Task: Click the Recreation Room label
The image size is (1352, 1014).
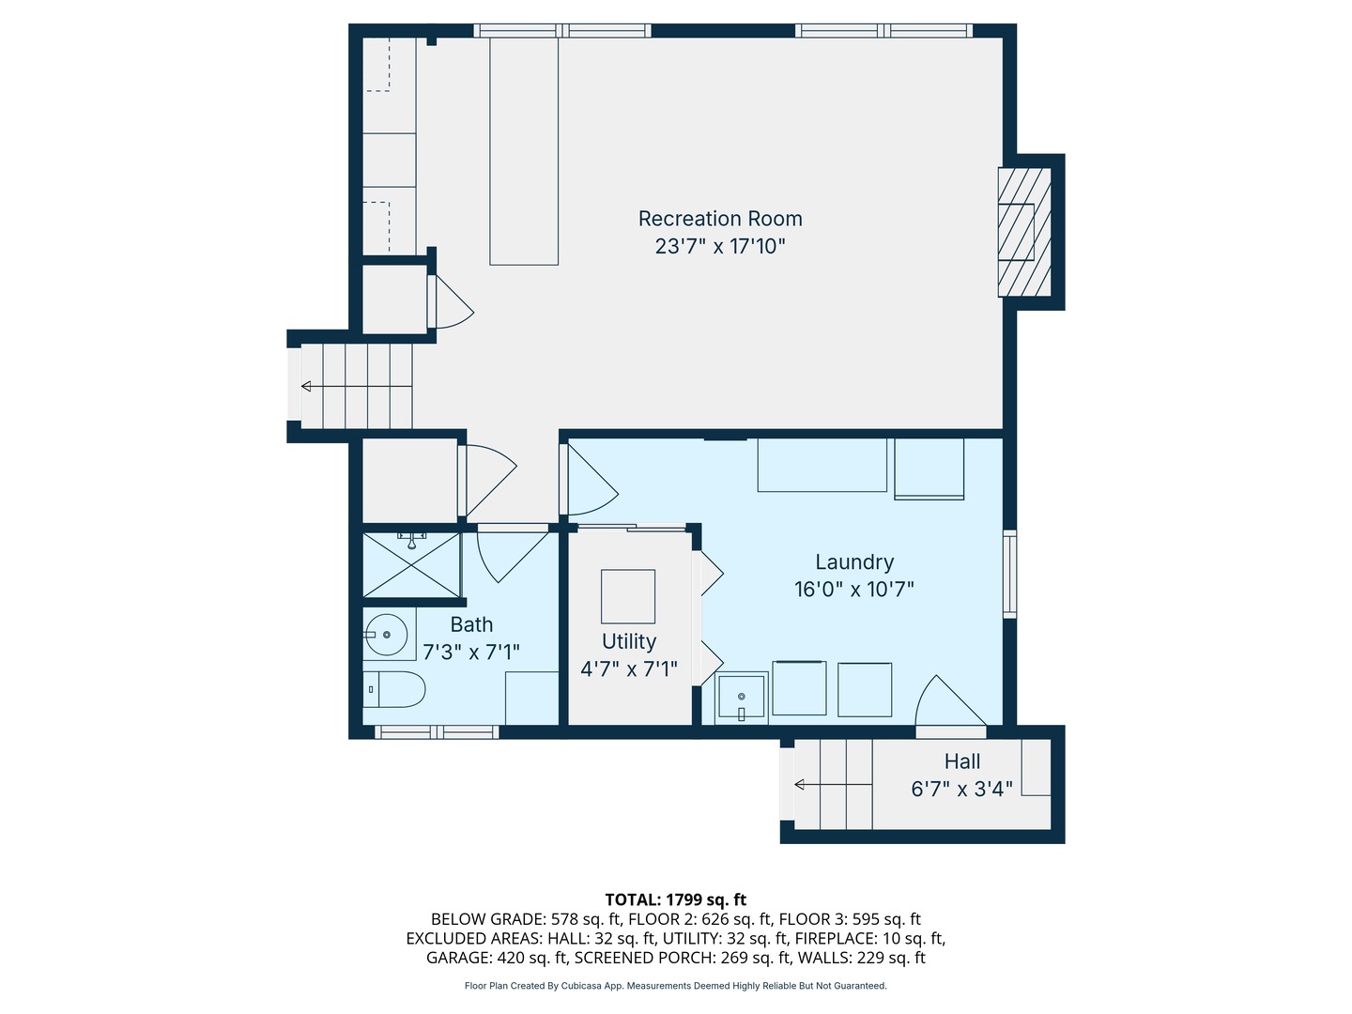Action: tap(720, 219)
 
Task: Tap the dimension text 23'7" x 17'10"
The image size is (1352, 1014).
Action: tap(720, 246)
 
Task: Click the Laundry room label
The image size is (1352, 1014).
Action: tap(854, 562)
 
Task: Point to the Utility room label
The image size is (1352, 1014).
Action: tap(629, 641)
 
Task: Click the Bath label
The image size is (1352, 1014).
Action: tap(471, 624)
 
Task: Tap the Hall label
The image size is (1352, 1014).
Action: tap(962, 761)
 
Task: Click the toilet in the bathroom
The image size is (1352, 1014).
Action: tap(394, 690)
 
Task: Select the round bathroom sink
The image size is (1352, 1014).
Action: tap(386, 635)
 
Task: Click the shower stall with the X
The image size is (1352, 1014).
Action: tap(411, 565)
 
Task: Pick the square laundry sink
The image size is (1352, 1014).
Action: tap(742, 698)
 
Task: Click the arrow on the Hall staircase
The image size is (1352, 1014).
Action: tap(800, 785)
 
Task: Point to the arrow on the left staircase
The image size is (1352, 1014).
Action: tap(308, 386)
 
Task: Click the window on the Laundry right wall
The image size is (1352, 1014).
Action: tap(1009, 574)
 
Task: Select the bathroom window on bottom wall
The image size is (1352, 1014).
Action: tap(437, 732)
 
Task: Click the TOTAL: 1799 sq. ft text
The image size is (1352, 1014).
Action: tap(675, 899)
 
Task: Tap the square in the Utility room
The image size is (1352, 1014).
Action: tap(628, 596)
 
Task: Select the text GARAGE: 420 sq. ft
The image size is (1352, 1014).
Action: tap(497, 958)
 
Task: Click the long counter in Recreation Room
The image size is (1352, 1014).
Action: tap(524, 152)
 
